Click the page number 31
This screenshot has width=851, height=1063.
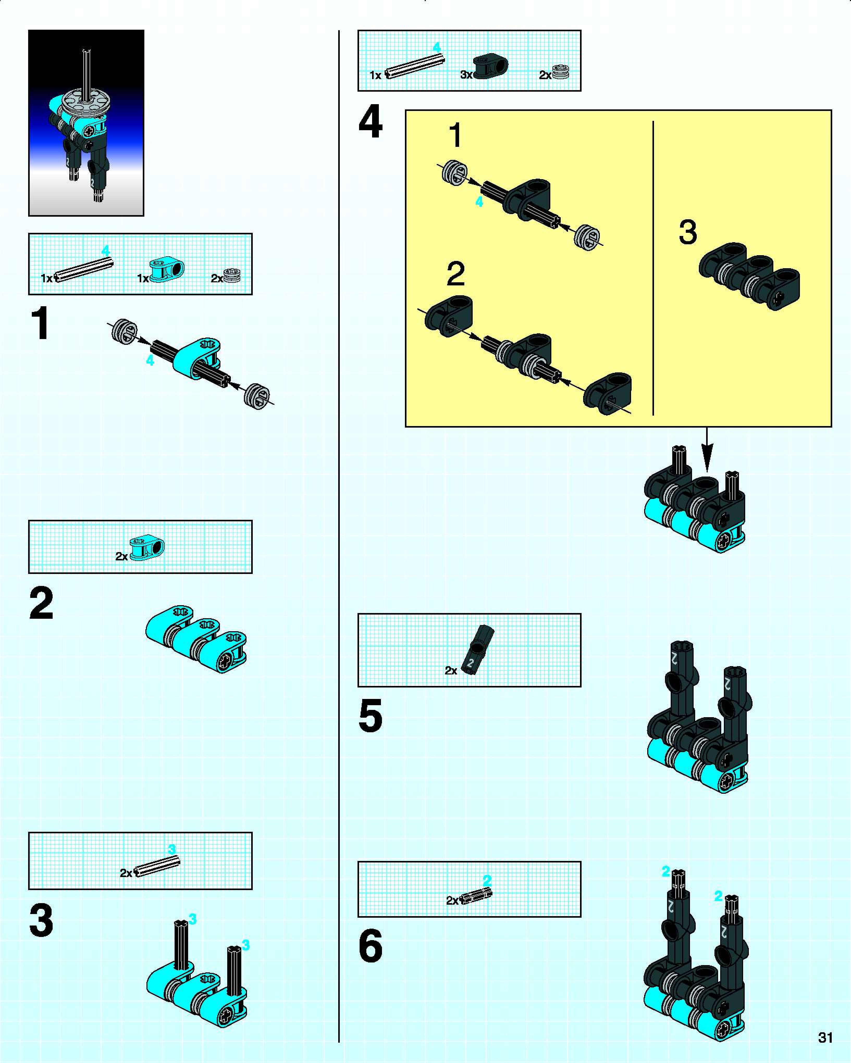tap(825, 1037)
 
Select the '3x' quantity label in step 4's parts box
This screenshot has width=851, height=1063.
tap(466, 75)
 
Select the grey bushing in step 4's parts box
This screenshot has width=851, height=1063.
tap(560, 72)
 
